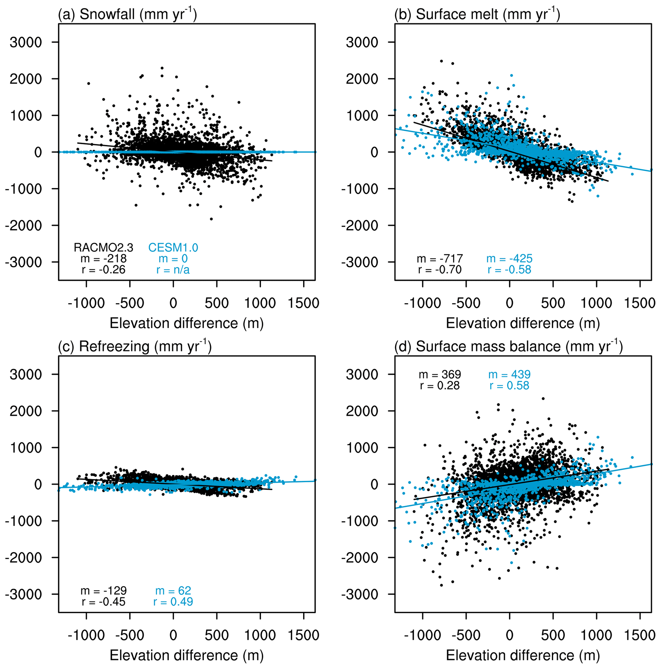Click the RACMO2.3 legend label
point(103,247)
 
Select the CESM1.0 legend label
point(173,247)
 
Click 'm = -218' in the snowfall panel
point(103,258)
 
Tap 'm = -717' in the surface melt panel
point(439,258)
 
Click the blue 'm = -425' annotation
point(509,258)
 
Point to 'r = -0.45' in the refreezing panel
point(103,602)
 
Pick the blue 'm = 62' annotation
point(173,590)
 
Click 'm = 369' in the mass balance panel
point(440,374)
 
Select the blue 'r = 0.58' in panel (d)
point(509,385)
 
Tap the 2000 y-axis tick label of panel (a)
point(26,79)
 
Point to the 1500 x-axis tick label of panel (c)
point(303,635)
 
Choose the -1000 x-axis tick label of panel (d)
point(422,635)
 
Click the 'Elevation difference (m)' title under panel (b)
point(523,323)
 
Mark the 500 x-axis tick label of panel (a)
point(216,303)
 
